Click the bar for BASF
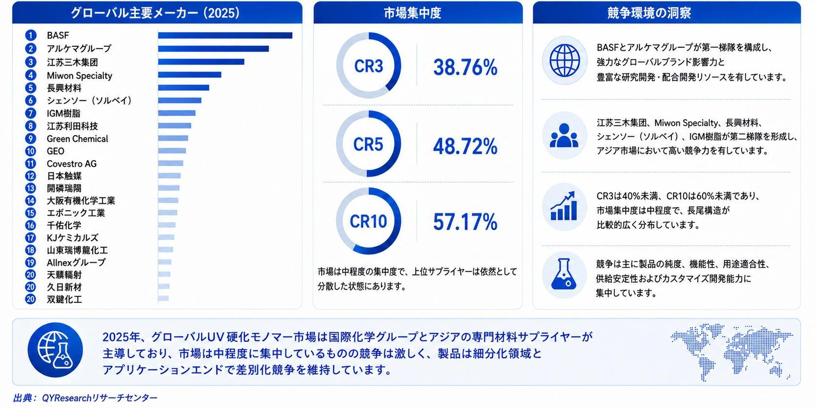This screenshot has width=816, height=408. [x=225, y=35]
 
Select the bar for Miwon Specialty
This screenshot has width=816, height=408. [x=189, y=75]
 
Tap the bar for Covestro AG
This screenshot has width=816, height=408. [x=170, y=163]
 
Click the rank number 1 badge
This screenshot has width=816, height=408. [x=31, y=35]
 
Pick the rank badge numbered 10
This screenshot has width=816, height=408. [x=31, y=151]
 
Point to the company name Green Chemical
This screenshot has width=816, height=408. [x=77, y=138]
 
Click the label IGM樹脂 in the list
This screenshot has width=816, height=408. [x=63, y=114]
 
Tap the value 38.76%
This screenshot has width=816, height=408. [x=465, y=67]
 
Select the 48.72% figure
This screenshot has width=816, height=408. [x=465, y=146]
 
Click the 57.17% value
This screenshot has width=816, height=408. [x=465, y=222]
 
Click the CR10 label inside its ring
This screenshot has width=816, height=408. [x=368, y=221]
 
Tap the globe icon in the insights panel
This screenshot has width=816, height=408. [x=565, y=60]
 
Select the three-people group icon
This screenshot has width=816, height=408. [x=564, y=136]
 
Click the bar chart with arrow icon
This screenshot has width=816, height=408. [x=564, y=206]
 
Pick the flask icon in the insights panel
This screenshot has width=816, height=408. [x=564, y=274]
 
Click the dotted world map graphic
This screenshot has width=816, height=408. [x=732, y=351]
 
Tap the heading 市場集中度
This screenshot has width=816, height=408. [x=413, y=13]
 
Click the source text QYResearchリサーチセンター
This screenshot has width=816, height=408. [x=100, y=398]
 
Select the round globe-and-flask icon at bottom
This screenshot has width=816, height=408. [x=55, y=350]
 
